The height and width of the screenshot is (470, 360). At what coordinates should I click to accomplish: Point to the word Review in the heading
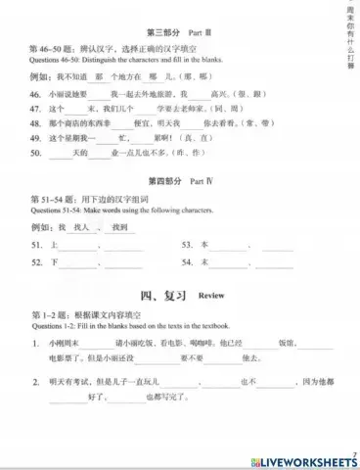click(x=210, y=295)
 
